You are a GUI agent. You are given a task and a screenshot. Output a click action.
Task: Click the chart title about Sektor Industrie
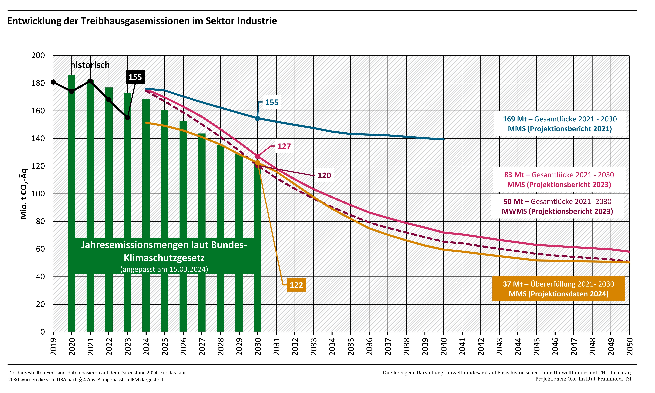pyautogui.click(x=142, y=21)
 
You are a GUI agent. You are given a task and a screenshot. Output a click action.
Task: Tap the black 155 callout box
pyautogui.click(x=135, y=77)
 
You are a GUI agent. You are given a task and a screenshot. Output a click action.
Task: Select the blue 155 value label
pyautogui.click(x=272, y=103)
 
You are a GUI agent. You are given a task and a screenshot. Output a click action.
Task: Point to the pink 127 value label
pyautogui.click(x=284, y=146)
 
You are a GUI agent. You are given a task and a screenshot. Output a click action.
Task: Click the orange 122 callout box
pyautogui.click(x=296, y=285)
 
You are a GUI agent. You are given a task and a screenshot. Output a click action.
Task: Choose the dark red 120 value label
pyautogui.click(x=324, y=176)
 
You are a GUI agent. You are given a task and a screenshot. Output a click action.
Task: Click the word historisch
pyautogui.click(x=90, y=65)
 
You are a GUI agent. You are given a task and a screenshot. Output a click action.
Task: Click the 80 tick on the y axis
pyautogui.click(x=40, y=221)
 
